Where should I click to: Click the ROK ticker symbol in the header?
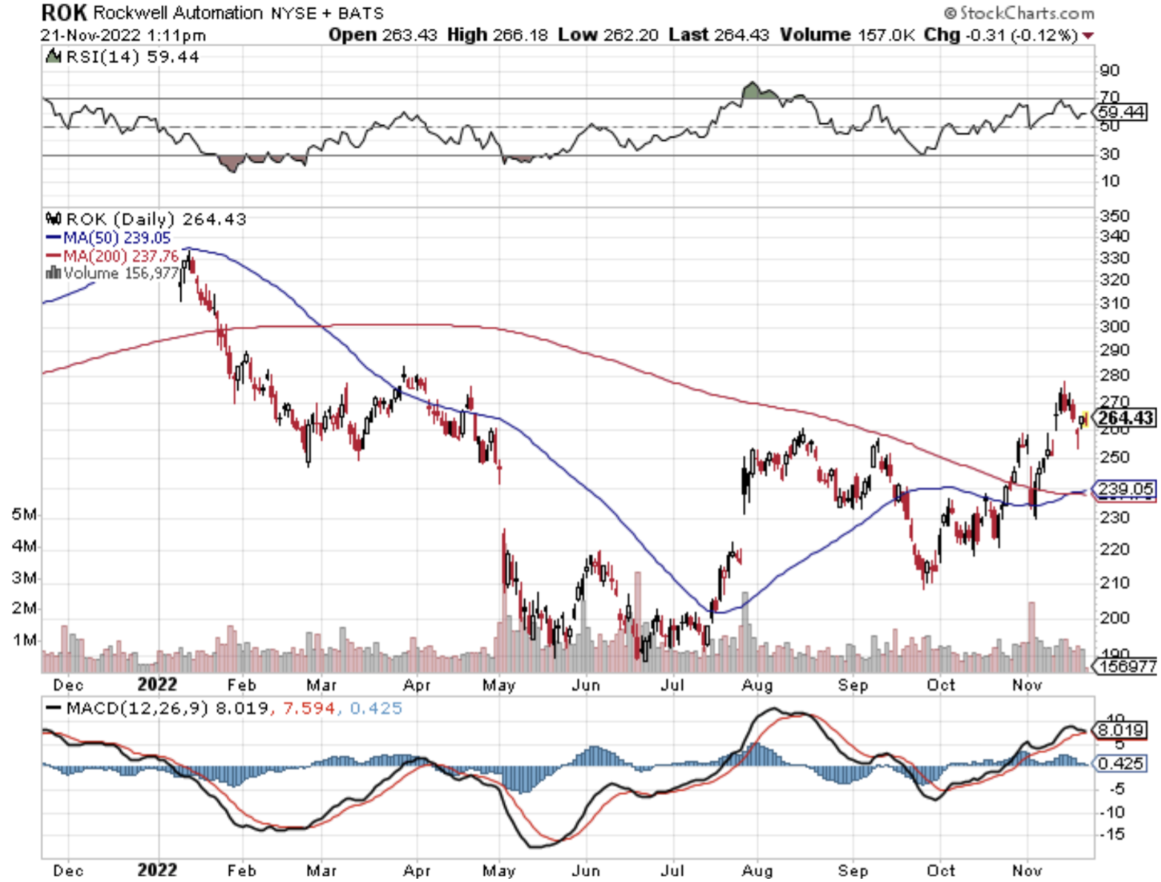click(64, 13)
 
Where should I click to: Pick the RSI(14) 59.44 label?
click(131, 57)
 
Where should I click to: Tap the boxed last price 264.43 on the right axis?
click(1125, 418)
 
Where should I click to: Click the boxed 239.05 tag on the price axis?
click(1125, 488)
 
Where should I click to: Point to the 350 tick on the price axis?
click(1114, 216)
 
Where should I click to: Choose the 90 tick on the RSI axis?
click(1110, 70)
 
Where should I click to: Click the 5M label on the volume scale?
click(23, 514)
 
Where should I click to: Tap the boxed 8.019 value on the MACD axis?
click(1121, 730)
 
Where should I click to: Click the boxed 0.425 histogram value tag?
click(1120, 763)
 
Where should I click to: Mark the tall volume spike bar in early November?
click(1031, 630)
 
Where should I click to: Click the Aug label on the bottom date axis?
click(757, 870)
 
